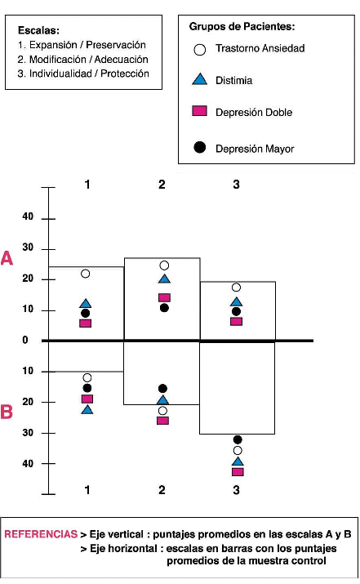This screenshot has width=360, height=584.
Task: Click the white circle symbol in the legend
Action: click(x=199, y=50)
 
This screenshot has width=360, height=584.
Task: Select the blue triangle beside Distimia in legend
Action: click(x=199, y=79)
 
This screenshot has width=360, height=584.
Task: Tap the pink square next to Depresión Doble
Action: click(x=199, y=110)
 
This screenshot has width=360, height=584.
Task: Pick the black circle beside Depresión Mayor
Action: click(x=199, y=148)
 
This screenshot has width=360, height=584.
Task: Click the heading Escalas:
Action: click(x=38, y=30)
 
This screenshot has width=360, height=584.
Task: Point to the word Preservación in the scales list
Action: click(x=116, y=45)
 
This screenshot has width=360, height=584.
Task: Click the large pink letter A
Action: click(x=7, y=258)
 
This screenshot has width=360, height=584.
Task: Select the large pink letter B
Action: click(x=7, y=412)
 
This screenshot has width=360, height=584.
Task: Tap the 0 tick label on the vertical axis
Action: click(x=25, y=340)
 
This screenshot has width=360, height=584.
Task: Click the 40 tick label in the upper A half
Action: click(x=28, y=216)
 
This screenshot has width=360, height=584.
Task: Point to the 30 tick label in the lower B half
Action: click(x=28, y=433)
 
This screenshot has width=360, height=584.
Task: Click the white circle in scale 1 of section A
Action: click(x=85, y=274)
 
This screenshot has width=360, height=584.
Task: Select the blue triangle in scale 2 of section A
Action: click(x=164, y=279)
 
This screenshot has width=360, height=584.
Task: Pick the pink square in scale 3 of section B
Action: click(x=238, y=472)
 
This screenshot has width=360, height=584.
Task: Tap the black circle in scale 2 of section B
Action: click(x=162, y=389)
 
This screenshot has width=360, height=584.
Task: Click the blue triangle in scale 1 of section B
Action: click(x=87, y=410)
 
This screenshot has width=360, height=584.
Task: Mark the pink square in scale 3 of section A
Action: click(x=237, y=322)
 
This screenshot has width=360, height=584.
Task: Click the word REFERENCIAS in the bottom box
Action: click(x=41, y=534)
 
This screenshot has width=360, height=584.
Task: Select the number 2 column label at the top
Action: click(x=162, y=185)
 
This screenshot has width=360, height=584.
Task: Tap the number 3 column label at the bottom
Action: click(x=236, y=490)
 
